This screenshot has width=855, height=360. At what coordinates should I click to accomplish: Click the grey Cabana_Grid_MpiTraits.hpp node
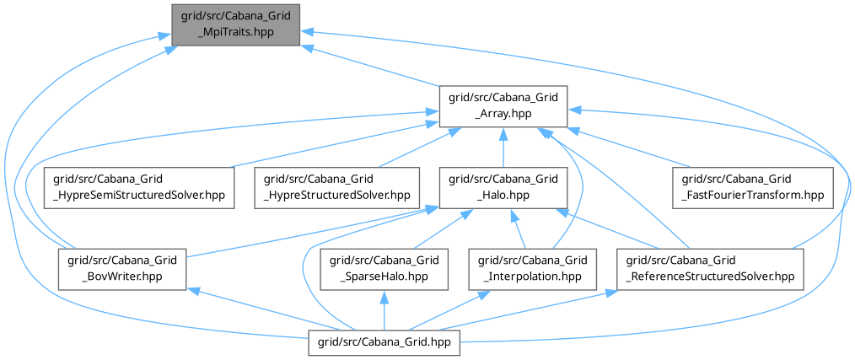point(236,24)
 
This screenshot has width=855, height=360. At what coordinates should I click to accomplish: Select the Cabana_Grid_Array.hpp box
point(503,106)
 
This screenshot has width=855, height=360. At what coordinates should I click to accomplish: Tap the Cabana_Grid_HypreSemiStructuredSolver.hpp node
point(140,188)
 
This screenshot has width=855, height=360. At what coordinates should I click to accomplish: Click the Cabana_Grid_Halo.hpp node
point(503,188)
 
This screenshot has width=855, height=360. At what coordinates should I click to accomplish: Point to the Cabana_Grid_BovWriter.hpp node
point(123,270)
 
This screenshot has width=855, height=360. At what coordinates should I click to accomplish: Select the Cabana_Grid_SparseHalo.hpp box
point(385,270)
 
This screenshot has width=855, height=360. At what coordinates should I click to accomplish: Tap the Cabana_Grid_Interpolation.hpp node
point(533,270)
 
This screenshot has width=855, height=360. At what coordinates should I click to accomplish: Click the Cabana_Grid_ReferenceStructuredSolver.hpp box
point(711,270)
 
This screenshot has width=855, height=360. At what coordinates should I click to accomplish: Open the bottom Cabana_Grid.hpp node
point(385,342)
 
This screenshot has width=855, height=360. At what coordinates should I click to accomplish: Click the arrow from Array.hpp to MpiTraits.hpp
point(371,66)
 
